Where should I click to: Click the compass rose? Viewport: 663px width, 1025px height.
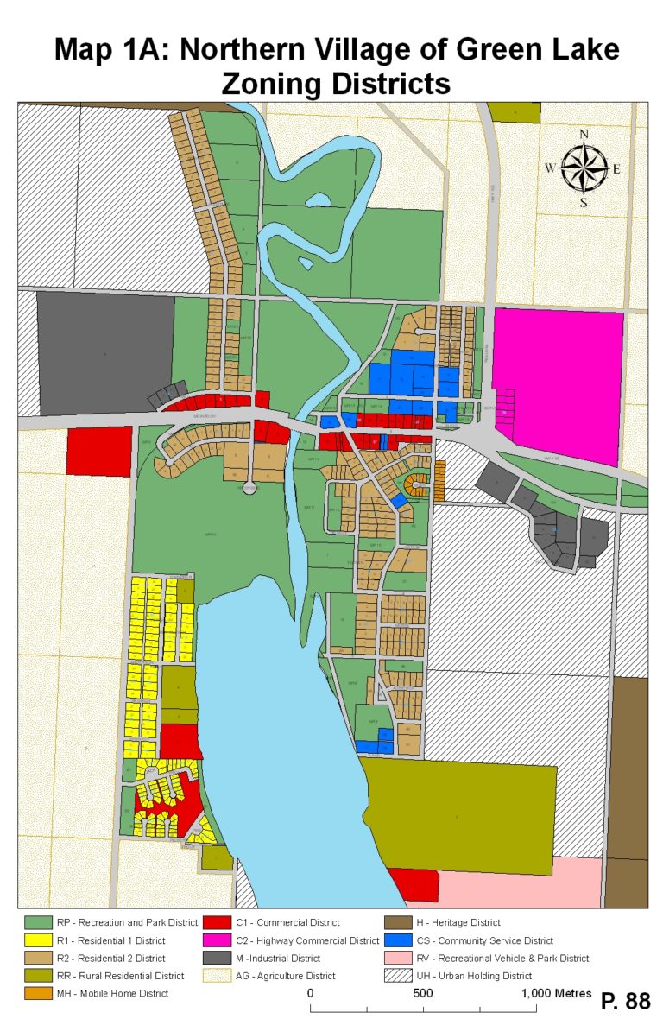click(x=584, y=168)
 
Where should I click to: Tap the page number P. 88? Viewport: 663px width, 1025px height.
click(x=625, y=1001)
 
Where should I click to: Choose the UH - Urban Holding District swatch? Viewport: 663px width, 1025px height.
click(x=398, y=976)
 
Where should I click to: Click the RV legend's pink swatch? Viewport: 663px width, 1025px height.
click(x=398, y=959)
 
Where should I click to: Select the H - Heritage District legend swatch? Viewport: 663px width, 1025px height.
click(x=398, y=923)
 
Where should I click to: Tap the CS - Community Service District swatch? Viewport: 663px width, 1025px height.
click(x=398, y=940)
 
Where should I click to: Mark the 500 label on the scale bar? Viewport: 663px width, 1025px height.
click(x=423, y=993)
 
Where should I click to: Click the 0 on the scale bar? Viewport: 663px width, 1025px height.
click(x=310, y=993)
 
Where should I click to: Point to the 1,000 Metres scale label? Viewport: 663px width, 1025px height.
click(x=557, y=993)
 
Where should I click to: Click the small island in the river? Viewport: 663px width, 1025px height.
click(x=318, y=200)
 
